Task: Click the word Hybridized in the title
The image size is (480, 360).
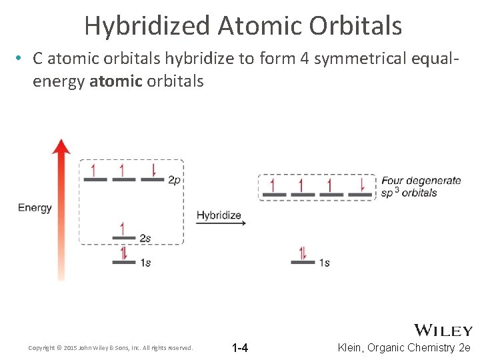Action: (147, 26)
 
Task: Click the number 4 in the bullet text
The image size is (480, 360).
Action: (304, 59)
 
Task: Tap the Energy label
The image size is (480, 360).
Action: (35, 207)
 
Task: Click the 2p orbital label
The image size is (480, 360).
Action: (174, 180)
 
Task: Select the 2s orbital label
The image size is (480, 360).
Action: (145, 238)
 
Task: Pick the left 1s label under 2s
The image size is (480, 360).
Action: (145, 263)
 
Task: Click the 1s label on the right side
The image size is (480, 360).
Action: (324, 263)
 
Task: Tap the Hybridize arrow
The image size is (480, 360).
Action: (221, 223)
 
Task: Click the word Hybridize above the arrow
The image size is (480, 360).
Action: (219, 215)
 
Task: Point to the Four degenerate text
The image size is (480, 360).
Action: (421, 180)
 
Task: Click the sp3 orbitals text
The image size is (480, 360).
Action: (409, 193)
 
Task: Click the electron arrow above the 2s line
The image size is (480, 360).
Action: (122, 229)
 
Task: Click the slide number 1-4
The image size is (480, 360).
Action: (240, 348)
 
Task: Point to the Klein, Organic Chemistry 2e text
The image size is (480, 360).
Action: (405, 348)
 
